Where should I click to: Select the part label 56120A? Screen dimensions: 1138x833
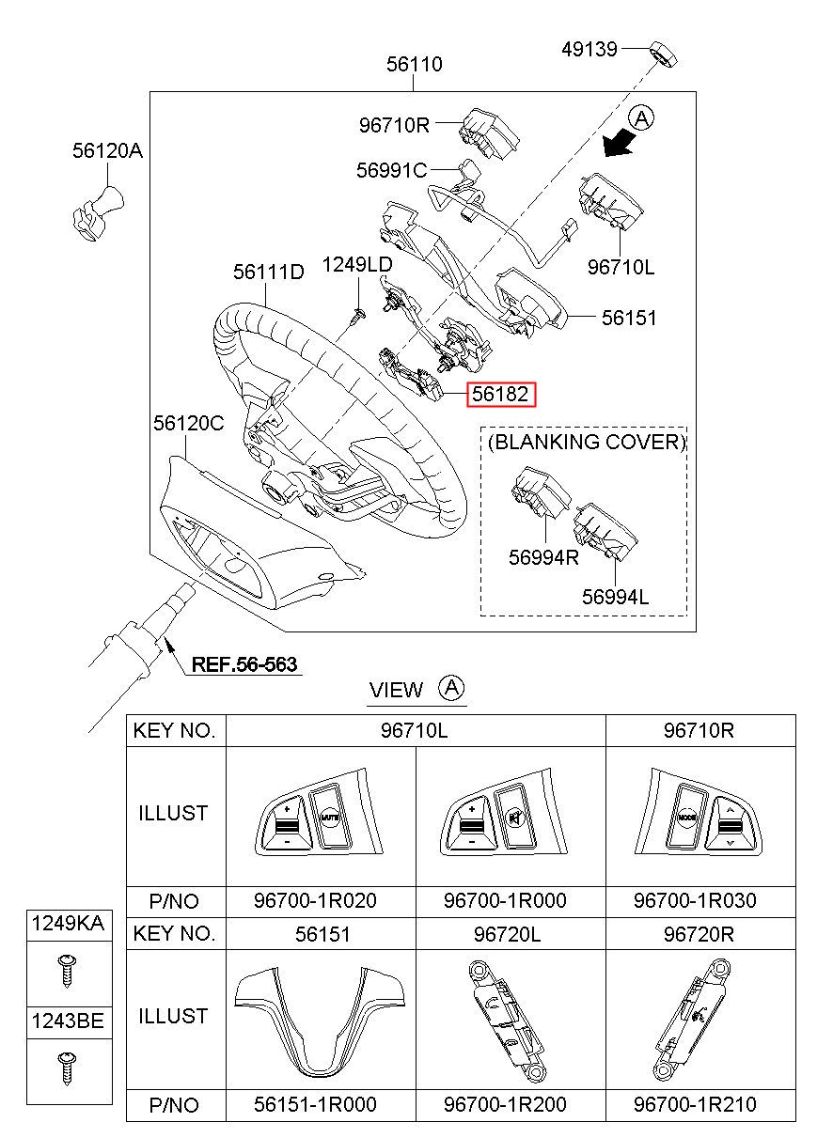click(x=108, y=149)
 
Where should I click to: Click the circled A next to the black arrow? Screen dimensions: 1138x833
click(x=642, y=117)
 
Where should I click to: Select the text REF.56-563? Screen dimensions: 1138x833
click(x=244, y=664)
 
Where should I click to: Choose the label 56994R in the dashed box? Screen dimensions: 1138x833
click(x=543, y=555)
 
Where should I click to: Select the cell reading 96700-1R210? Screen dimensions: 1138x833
click(x=695, y=1104)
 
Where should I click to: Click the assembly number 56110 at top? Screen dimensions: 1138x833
click(x=415, y=64)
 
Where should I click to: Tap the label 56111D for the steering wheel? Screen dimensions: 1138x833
click(x=269, y=272)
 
